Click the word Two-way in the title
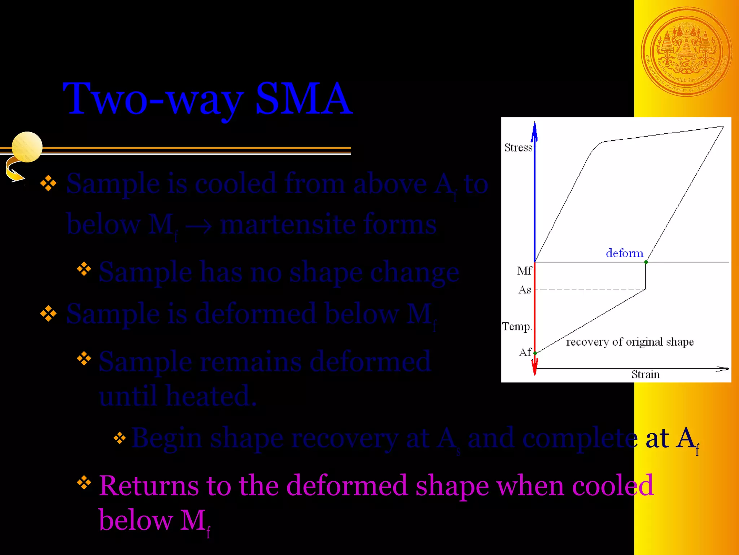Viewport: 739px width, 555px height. point(153,98)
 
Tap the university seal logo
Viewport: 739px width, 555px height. point(686,52)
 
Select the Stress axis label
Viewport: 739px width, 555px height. point(518,148)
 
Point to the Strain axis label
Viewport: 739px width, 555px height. point(646,375)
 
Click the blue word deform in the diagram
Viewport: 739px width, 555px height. point(625,253)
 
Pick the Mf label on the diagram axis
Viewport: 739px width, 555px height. point(524,271)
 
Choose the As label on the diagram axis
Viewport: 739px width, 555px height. point(525,290)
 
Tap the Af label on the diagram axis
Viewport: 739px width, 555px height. point(525,352)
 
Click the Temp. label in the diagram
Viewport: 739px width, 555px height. point(517,327)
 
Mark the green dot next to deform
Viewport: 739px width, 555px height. point(646,262)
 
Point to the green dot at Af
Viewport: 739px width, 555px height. point(535,353)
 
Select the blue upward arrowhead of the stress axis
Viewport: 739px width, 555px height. point(535,131)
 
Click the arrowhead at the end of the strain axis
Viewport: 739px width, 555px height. point(723,369)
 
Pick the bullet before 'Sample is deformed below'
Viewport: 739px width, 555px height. point(48,313)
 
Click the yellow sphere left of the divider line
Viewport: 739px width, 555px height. point(27,147)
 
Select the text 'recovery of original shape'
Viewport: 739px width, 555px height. point(630,342)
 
